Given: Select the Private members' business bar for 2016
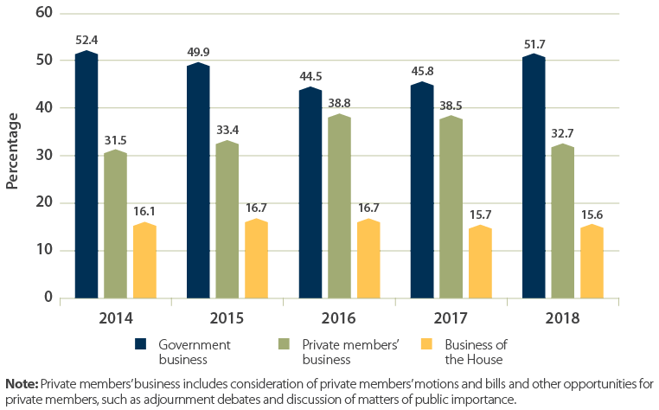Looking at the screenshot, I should coord(340,207).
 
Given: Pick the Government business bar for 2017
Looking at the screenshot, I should coord(422,190).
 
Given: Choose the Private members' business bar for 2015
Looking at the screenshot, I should coord(227,220).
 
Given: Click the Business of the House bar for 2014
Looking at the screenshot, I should coord(144,260).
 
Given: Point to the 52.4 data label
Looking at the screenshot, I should coord(86,40).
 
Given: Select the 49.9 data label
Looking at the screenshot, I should coord(199,51).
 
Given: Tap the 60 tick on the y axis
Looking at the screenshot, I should coord(44,13).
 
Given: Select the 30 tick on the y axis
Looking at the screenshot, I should coord(44,156).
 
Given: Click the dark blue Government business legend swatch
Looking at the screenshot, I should coord(143,343).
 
